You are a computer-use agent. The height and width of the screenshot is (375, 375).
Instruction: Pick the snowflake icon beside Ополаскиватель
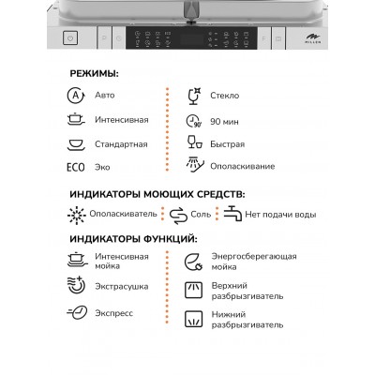click(x=76, y=216)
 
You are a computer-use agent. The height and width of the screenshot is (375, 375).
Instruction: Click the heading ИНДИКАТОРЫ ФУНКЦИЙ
click(x=131, y=238)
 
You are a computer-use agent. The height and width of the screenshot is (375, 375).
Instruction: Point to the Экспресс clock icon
click(x=76, y=315)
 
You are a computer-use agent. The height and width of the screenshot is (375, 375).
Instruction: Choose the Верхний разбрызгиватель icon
click(x=194, y=289)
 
